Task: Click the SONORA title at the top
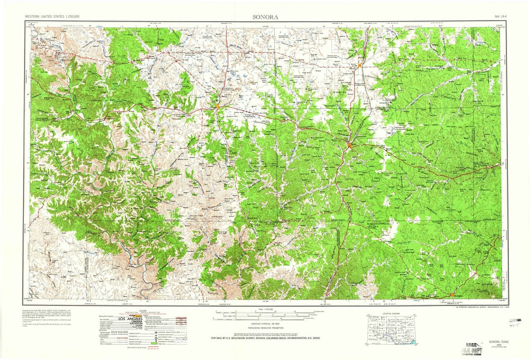265,16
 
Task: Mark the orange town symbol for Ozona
217,106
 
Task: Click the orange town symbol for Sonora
349,145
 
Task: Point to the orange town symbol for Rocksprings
452,295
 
